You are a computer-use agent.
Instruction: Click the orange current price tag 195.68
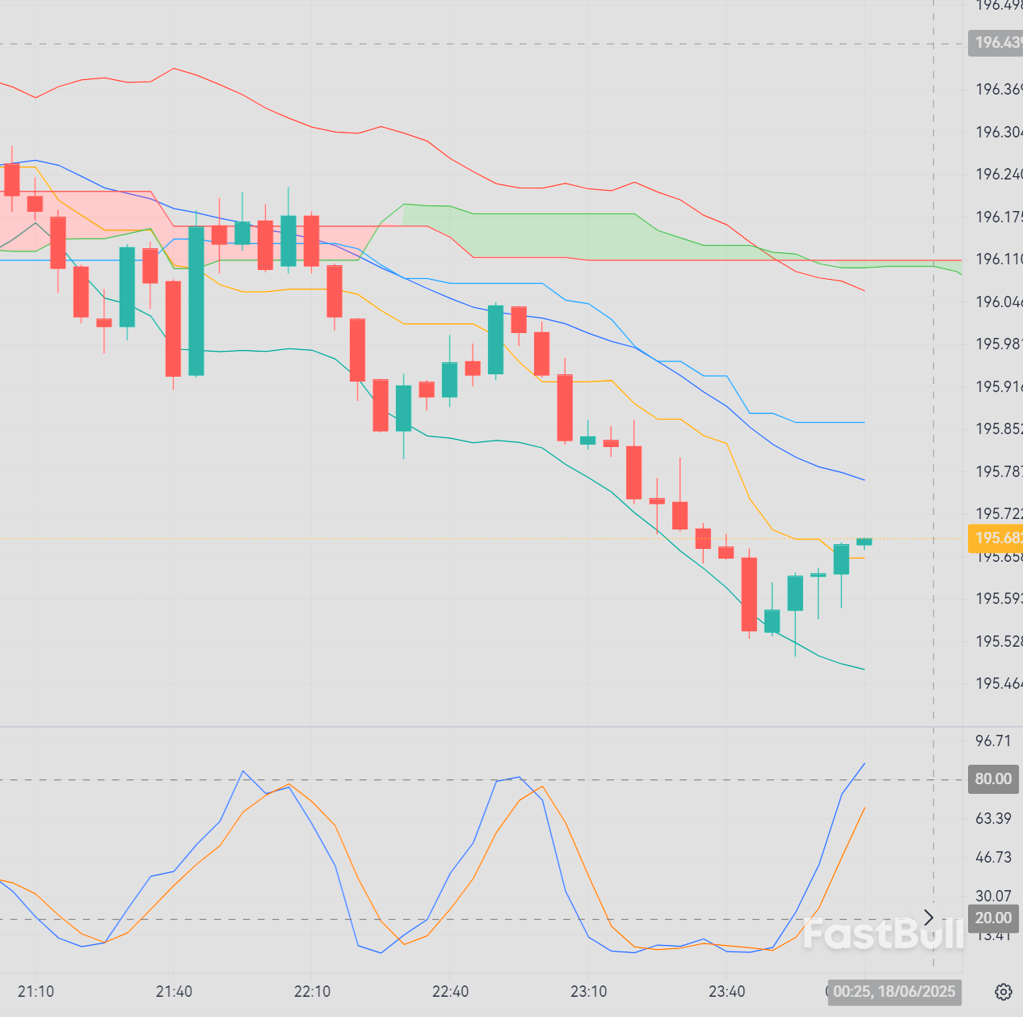pyautogui.click(x=995, y=538)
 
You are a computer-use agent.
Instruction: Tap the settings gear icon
pyautogui.click(x=1003, y=992)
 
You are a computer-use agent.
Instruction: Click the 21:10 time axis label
pyautogui.click(x=36, y=992)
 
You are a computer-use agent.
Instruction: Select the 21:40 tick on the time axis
pyautogui.click(x=174, y=992)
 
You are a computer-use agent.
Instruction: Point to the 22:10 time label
pyautogui.click(x=312, y=992)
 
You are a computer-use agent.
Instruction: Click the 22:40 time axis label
pyautogui.click(x=450, y=992)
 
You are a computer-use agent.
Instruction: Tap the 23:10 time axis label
pyautogui.click(x=588, y=992)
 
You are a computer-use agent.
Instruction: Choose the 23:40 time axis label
pyautogui.click(x=726, y=992)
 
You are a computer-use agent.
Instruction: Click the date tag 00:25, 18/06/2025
pyautogui.click(x=894, y=992)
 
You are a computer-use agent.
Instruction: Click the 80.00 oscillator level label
pyautogui.click(x=993, y=779)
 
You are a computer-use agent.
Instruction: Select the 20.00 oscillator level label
pyautogui.click(x=993, y=918)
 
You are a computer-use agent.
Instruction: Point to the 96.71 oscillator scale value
pyautogui.click(x=993, y=741)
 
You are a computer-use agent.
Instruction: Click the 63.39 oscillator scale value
pyautogui.click(x=993, y=819)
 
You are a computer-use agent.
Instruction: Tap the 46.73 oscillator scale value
pyautogui.click(x=993, y=858)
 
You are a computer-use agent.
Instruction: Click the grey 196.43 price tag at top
pyautogui.click(x=996, y=43)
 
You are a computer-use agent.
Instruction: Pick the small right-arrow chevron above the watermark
pyautogui.click(x=928, y=918)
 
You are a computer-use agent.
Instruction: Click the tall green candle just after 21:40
pyautogui.click(x=196, y=301)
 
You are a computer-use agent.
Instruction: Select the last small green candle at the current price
pyautogui.click(x=864, y=542)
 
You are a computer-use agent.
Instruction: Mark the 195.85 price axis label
pyautogui.click(x=998, y=429)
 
